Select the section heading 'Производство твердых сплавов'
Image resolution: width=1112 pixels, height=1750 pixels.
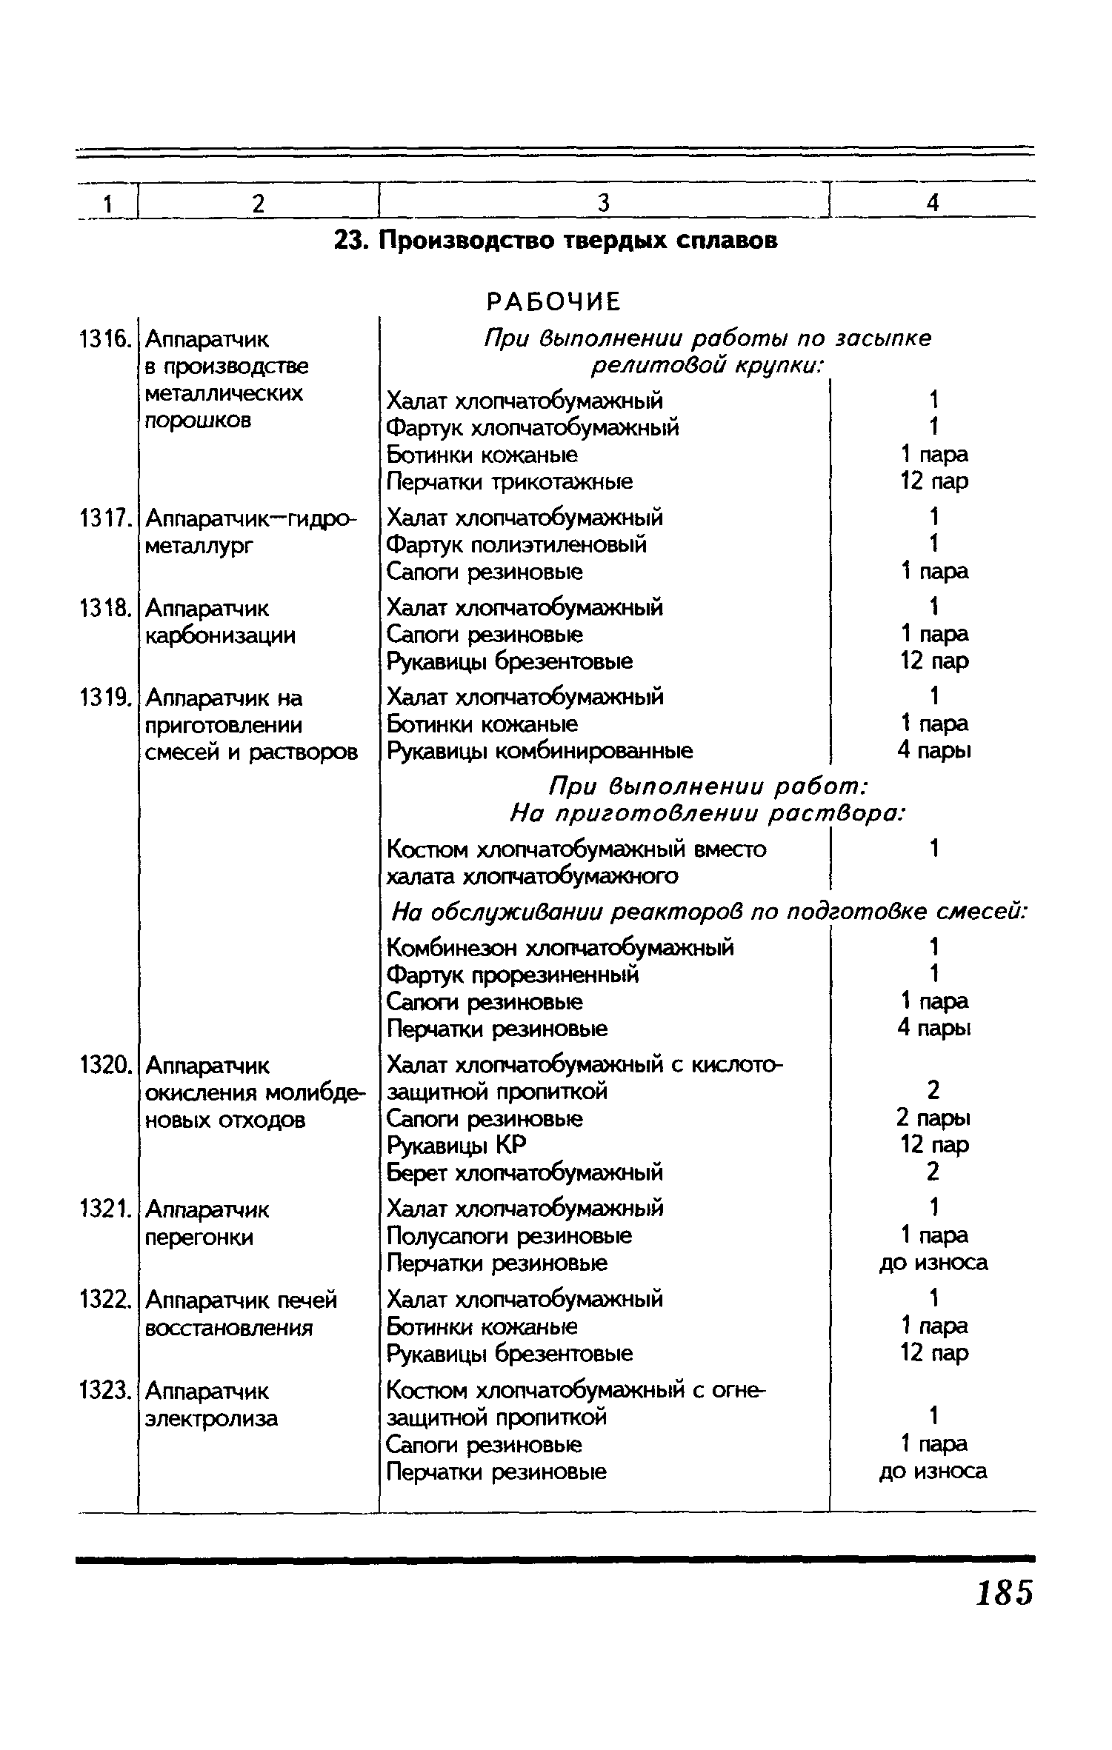556,241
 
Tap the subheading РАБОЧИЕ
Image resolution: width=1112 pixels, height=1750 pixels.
553,301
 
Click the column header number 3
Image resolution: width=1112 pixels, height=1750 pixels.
603,202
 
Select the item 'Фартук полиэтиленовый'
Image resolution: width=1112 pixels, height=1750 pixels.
516,544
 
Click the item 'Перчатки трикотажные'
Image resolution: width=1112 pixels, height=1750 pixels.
510,482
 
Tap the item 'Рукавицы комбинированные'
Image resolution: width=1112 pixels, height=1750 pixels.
540,751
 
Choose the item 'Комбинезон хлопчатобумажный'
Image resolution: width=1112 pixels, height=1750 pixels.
560,947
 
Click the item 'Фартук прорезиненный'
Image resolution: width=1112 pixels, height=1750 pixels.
513,975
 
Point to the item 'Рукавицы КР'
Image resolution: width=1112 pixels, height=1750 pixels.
456,1146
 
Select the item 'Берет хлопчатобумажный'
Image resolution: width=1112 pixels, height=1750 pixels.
525,1173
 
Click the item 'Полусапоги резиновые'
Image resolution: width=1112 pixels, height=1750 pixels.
510,1236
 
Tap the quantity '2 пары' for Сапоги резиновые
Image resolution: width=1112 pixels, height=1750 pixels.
933,1118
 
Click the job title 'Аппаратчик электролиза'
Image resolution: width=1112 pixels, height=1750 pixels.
212,1406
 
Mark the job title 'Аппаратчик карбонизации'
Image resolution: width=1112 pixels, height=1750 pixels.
220,622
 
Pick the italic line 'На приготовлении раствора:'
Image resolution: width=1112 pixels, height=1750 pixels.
708,813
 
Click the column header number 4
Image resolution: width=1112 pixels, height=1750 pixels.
933,202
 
